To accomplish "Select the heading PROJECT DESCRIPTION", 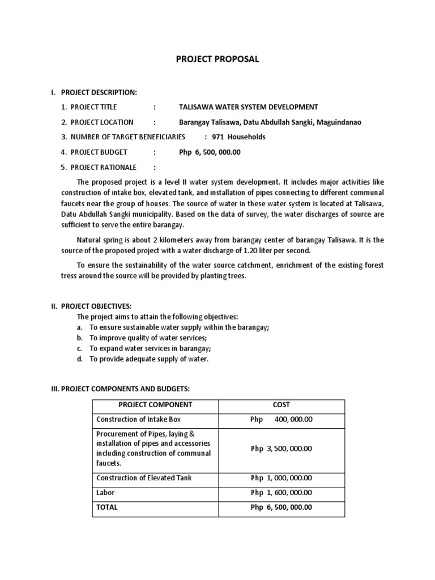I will point(99,92).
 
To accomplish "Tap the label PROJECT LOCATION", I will point(102,122).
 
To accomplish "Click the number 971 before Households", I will point(219,137).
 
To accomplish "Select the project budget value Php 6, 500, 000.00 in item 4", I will point(210,152).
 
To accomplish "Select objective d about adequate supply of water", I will point(149,359).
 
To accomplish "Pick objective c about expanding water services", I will point(150,349).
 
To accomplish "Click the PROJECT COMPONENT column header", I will point(155,405).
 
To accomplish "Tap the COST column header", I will point(281,405).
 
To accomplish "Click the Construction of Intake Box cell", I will point(139,420).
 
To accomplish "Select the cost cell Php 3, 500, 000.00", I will point(281,449).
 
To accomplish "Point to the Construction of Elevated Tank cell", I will point(144,478).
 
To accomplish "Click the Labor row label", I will point(106,493).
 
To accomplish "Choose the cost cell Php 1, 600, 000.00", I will point(281,493).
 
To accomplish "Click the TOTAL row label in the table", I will point(107,507).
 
